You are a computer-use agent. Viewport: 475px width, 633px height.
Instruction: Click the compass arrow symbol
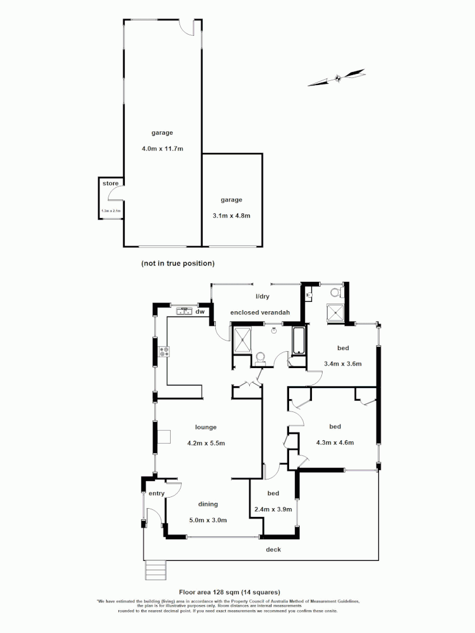point(337,78)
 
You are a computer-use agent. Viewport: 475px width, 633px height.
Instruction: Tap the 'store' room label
point(110,183)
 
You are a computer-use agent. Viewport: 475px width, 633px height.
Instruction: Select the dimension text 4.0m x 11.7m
point(162,148)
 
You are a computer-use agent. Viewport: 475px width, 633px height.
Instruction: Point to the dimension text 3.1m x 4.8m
point(231,215)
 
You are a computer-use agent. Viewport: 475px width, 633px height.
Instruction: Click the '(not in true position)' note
point(178,263)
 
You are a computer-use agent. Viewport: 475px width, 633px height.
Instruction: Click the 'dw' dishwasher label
point(200,312)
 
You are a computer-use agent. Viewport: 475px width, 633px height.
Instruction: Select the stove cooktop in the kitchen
point(165,352)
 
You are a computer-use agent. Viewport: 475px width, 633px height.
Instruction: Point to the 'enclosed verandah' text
point(260,312)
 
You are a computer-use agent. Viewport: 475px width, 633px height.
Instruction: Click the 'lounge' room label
point(206,427)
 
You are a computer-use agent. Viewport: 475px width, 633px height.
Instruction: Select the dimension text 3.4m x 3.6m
point(342,363)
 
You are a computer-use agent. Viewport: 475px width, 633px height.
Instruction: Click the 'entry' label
point(157,494)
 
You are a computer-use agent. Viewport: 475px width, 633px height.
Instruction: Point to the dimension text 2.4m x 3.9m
point(273,509)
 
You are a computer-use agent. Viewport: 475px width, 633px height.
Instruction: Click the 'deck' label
point(273,549)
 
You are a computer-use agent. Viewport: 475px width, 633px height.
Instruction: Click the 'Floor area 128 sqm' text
point(229,592)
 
